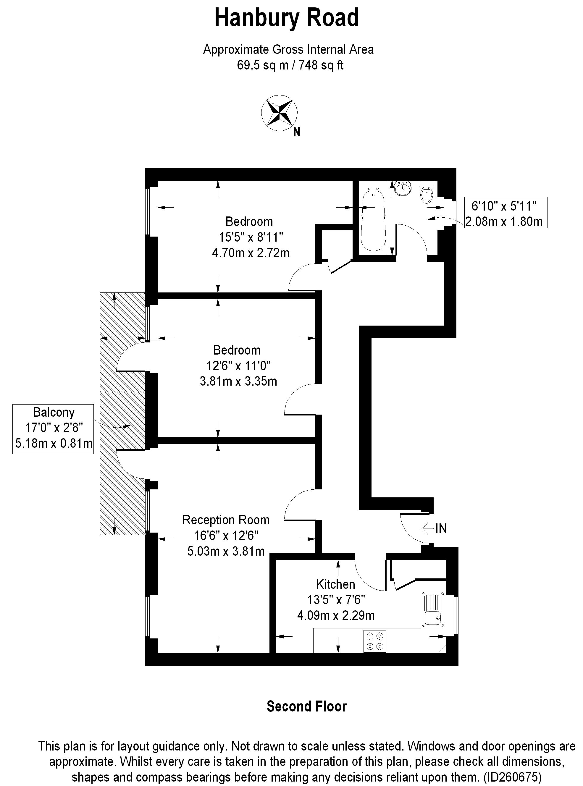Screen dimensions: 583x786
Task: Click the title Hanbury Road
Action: [287, 18]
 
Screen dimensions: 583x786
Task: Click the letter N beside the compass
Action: [297, 132]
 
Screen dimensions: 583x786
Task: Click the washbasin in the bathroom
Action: [402, 188]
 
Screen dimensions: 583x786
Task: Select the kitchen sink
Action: [433, 609]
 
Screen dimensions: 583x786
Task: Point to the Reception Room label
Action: [226, 520]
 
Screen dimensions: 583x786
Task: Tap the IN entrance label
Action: [441, 528]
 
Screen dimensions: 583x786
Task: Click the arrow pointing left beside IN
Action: [427, 528]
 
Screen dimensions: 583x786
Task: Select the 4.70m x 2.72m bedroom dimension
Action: [251, 253]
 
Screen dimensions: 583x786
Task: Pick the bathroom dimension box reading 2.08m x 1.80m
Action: [504, 221]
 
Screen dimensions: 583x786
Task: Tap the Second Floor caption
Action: [307, 707]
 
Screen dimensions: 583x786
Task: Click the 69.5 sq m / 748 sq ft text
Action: [290, 65]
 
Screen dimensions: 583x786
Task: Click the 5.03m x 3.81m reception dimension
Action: [226, 551]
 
